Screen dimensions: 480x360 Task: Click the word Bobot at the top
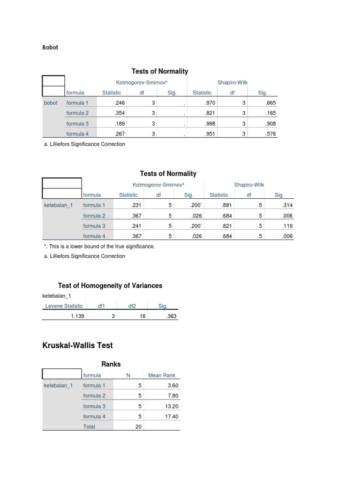pyautogui.click(x=50, y=47)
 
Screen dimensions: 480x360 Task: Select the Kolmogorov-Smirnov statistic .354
pyautogui.click(x=121, y=113)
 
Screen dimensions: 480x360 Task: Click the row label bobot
pyautogui.click(x=51, y=103)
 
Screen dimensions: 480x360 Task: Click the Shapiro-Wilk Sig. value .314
pyautogui.click(x=287, y=205)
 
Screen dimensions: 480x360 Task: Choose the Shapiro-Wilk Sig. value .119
pyautogui.click(x=287, y=226)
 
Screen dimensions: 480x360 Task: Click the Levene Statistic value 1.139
pyautogui.click(x=77, y=316)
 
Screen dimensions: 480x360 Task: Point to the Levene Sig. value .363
pyautogui.click(x=172, y=316)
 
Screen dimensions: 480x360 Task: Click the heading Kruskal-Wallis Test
pyautogui.click(x=77, y=345)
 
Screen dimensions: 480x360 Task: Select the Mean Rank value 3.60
pyautogui.click(x=172, y=385)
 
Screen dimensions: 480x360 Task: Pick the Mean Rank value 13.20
pyautogui.click(x=171, y=406)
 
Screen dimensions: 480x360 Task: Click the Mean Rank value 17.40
pyautogui.click(x=171, y=416)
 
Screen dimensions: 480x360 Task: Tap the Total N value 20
pyautogui.click(x=138, y=427)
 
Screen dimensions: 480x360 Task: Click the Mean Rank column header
pyautogui.click(x=161, y=375)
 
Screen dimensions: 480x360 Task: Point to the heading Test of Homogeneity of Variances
pyautogui.click(x=110, y=285)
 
